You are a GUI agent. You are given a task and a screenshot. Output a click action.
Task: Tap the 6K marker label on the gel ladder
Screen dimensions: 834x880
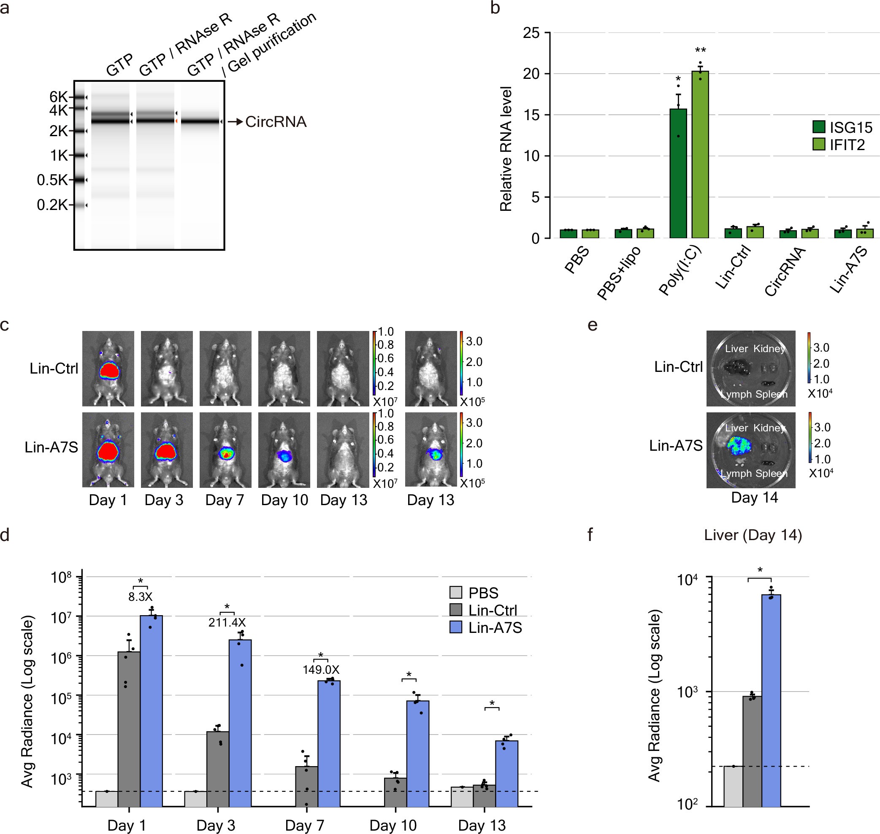point(58,97)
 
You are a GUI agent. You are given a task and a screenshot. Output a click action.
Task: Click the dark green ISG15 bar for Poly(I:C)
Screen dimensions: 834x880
point(678,173)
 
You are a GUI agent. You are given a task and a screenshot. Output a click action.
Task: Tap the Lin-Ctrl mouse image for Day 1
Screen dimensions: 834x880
point(108,368)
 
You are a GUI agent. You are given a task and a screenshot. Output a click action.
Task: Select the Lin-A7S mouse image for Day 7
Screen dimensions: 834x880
point(225,449)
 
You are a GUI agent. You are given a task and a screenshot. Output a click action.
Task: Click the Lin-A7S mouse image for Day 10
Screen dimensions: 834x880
point(284,449)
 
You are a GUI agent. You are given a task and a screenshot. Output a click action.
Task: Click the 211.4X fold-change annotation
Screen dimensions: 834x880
point(227,622)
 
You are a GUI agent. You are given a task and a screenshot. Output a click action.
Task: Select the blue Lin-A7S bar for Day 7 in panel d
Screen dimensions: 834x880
point(329,743)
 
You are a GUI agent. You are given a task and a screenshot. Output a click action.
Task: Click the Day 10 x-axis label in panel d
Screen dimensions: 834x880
point(393,825)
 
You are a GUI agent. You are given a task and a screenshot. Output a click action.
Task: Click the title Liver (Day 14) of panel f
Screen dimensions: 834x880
point(753,535)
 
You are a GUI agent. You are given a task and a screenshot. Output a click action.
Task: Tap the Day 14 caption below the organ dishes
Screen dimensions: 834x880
point(755,497)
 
